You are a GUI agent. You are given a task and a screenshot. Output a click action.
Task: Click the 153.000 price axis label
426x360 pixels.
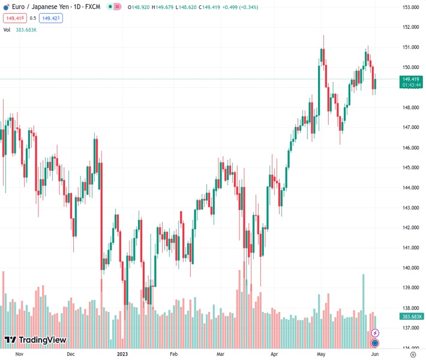tap(410, 7)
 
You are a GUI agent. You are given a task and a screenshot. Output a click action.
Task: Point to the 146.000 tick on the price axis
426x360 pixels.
tap(410, 148)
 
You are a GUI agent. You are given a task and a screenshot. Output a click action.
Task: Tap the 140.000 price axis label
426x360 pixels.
tap(410, 268)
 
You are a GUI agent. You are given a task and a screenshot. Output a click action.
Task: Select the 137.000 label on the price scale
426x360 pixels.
tap(410, 328)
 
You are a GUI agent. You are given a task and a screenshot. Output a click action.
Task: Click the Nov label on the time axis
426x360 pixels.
tap(19, 354)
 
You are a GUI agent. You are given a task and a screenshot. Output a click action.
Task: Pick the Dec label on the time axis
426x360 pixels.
tap(71, 354)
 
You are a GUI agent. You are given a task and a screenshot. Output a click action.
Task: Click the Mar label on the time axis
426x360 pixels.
tap(220, 354)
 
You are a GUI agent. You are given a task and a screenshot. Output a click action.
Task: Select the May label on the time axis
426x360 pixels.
tap(321, 354)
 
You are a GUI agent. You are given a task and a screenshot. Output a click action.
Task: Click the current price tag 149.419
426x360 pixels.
tap(411, 79)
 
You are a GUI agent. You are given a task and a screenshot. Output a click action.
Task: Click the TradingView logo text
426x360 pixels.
tap(42, 340)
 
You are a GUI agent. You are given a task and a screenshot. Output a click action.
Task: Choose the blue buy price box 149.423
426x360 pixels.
tap(52, 18)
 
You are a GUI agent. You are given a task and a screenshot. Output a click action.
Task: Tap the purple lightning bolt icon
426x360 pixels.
tap(375, 333)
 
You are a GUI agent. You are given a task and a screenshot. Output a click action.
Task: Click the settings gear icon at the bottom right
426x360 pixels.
tap(412, 354)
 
